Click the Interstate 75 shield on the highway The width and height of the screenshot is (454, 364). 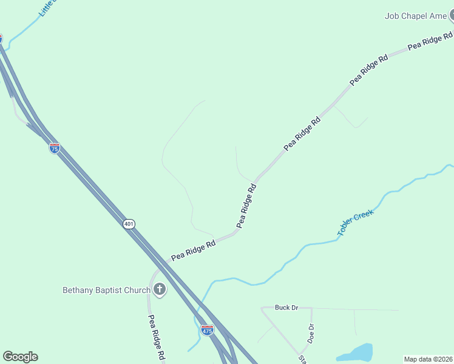55,148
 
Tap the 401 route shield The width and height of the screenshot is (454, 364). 129,224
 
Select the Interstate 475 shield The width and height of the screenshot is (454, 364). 207,331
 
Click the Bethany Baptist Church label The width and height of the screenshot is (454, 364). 106,290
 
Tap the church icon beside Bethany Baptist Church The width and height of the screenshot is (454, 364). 160,289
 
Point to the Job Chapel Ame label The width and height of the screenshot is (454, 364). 415,16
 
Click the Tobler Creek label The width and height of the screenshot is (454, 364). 356,221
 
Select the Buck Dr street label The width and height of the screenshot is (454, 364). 286,308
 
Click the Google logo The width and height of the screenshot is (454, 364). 20,357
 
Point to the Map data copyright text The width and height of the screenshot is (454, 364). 428,359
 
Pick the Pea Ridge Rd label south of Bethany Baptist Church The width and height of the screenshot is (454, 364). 157,338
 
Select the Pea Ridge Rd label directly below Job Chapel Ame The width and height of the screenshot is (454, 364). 430,41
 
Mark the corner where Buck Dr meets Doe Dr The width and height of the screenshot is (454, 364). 311,308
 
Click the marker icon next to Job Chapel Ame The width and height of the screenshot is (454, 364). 452,16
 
